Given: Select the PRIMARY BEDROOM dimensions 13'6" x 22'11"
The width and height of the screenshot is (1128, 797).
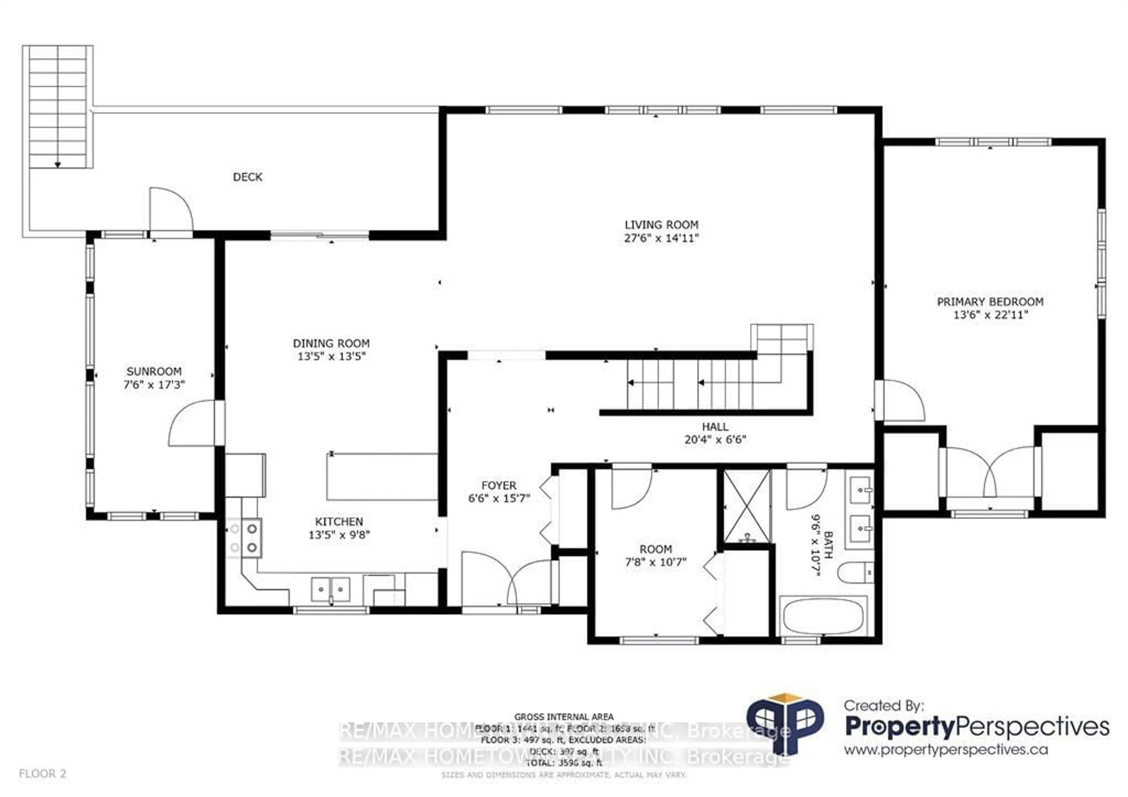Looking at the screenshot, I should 990,315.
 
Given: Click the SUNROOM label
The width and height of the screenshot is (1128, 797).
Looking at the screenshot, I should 154,371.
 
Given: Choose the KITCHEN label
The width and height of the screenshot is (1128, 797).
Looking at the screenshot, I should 339,522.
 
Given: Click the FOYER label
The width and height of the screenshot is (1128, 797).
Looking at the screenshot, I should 499,485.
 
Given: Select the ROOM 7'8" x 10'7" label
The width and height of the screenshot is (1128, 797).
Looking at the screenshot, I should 655,556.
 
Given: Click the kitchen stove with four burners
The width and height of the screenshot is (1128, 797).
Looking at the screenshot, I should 244,538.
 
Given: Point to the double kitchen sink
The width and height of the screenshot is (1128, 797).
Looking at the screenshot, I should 331,589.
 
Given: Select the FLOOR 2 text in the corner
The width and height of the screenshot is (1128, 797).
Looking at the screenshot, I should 42,774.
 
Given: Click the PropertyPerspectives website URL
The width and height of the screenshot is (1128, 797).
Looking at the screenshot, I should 946,750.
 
